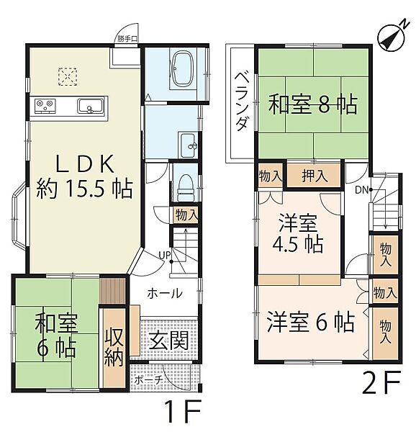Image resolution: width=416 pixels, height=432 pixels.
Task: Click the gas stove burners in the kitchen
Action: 44,107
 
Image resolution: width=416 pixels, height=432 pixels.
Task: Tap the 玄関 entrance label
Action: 170,340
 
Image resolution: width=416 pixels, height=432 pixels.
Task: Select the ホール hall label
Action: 165,293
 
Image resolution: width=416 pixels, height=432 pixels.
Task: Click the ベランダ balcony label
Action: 242,102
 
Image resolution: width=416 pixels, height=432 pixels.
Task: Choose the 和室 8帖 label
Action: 313,106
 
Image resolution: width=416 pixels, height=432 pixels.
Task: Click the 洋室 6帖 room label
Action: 309,321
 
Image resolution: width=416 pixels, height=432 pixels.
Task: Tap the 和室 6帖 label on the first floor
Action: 55,336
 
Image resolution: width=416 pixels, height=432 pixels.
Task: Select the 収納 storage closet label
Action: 114,347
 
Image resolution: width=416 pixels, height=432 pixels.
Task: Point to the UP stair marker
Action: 165,254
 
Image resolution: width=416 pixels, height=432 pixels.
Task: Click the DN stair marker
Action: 359,189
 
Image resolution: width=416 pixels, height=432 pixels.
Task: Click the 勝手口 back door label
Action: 128,40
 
